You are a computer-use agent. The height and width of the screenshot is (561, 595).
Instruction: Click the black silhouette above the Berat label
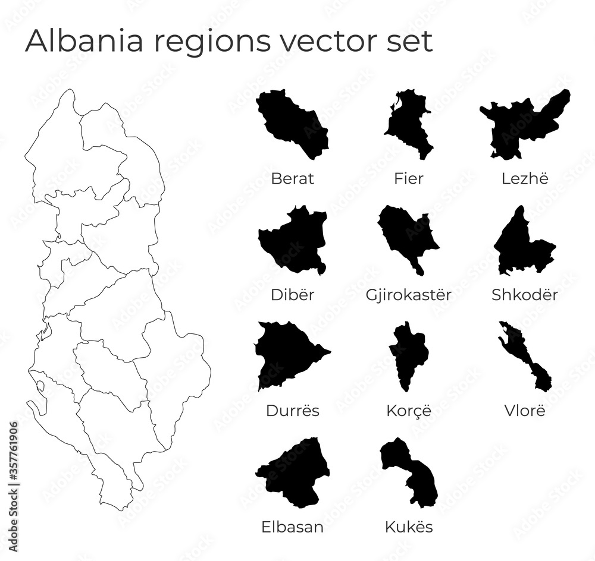click(x=292, y=125)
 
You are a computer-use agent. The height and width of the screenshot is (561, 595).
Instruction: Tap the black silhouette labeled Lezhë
click(x=518, y=128)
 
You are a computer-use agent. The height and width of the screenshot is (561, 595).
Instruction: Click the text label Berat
click(x=292, y=178)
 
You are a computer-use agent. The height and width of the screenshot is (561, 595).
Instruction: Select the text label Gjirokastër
click(x=409, y=294)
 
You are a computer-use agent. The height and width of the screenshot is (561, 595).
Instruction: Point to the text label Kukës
click(x=409, y=527)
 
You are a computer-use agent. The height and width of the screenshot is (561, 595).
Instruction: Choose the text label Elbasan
click(x=292, y=527)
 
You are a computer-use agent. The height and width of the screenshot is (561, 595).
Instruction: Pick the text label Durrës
click(x=292, y=411)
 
